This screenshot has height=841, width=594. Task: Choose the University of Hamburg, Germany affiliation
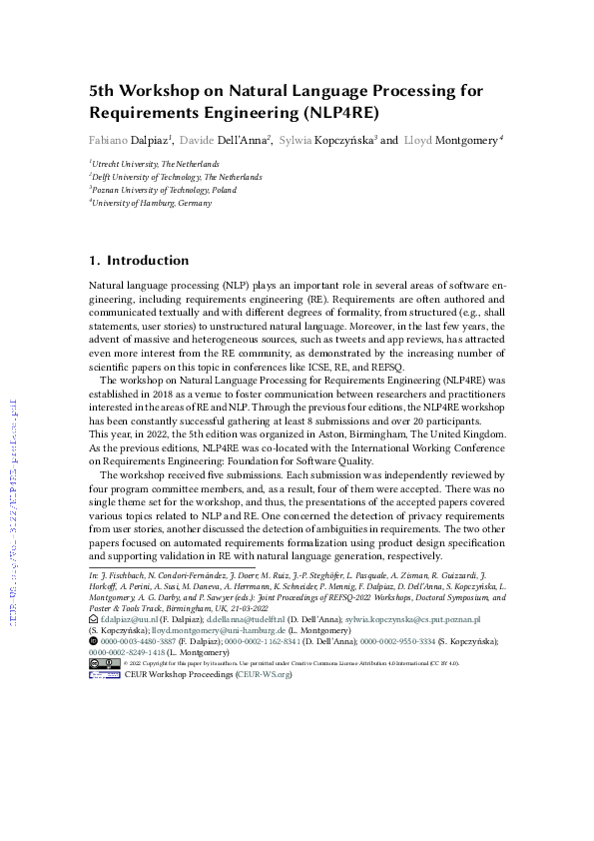152,202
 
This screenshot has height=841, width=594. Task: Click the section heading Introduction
148,261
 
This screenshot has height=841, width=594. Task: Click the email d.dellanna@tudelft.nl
249,619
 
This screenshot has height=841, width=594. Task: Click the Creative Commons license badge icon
104,663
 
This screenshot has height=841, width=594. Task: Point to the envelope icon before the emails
93,619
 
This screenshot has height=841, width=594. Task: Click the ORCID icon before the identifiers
93,642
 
